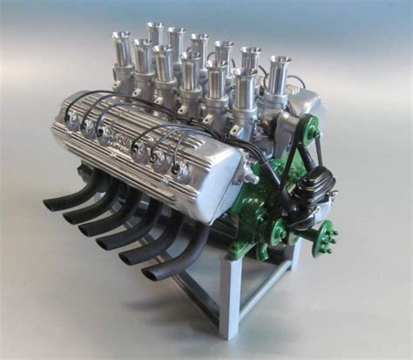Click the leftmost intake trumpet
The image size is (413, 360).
(x=120, y=49)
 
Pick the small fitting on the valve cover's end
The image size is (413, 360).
(x=182, y=172)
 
